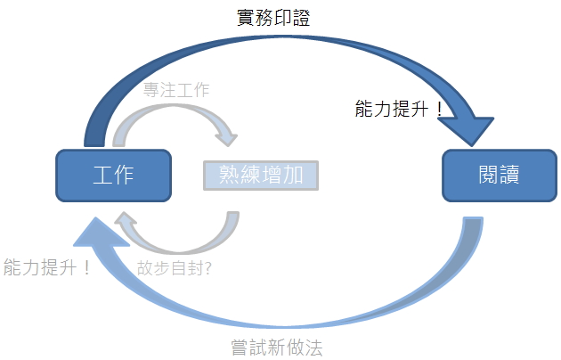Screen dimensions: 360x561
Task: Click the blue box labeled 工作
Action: [113, 175]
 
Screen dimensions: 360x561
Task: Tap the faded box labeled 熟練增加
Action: [260, 175]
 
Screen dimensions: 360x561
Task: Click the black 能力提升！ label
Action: [398, 110]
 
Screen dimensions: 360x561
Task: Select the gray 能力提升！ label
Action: [47, 266]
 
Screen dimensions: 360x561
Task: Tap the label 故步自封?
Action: [174, 266]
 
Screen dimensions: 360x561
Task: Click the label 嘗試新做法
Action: [276, 347]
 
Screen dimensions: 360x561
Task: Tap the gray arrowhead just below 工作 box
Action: [127, 225]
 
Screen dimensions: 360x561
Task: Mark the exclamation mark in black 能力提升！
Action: [437, 110]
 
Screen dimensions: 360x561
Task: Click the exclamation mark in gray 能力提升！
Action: [86, 266]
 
